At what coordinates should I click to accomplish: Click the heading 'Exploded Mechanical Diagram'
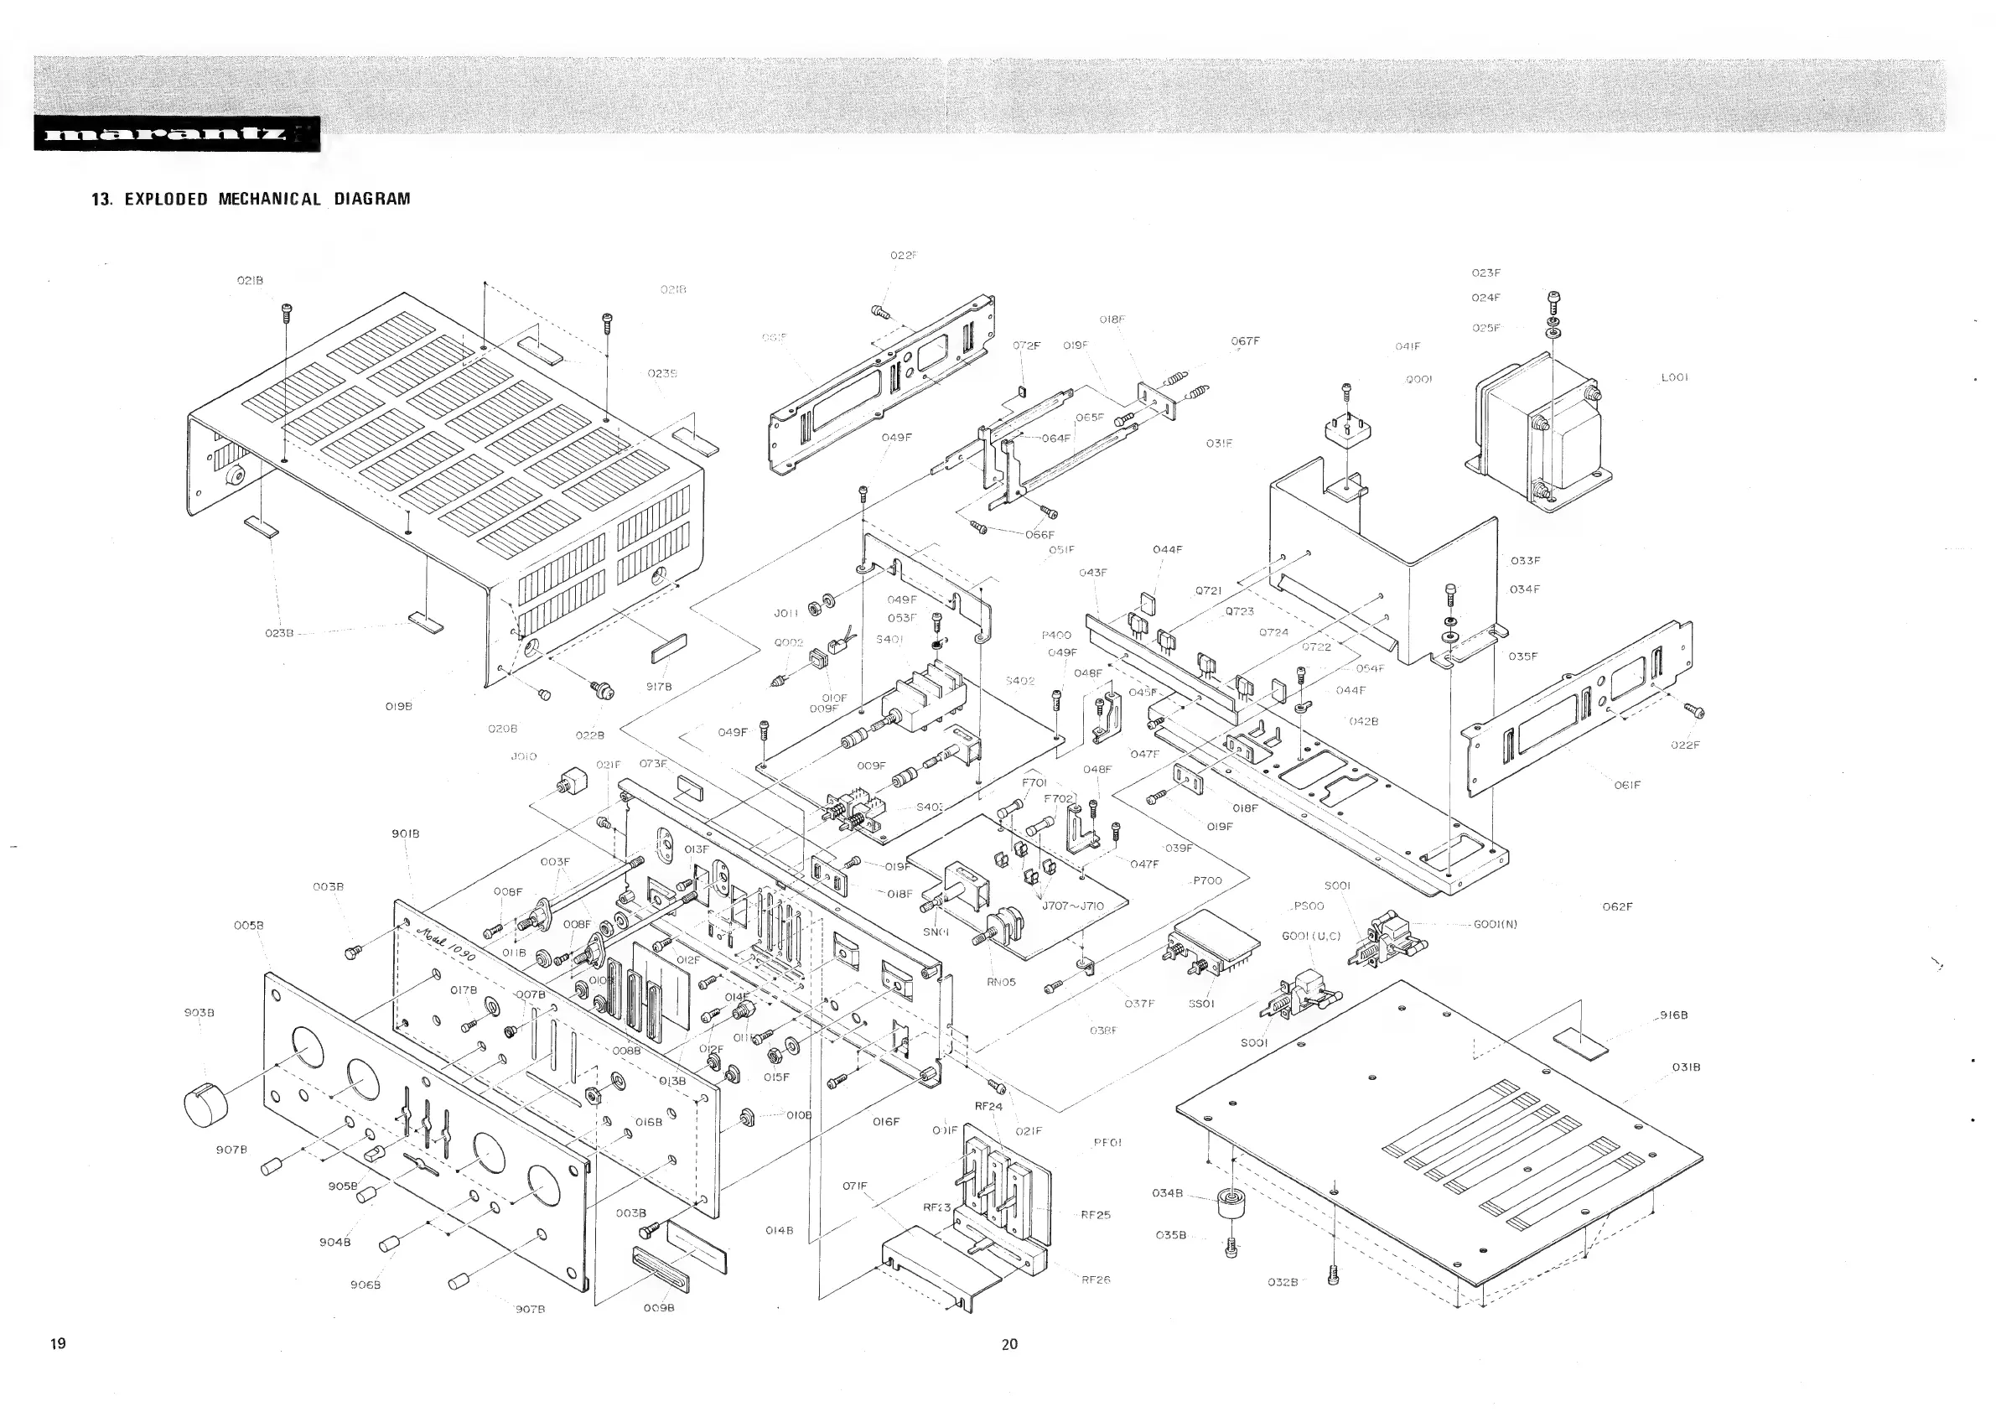[251, 199]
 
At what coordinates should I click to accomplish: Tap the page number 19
[57, 1343]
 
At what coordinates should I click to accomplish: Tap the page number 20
[1008, 1343]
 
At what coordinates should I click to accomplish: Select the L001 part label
[1673, 378]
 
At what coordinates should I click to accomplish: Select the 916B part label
[1673, 1015]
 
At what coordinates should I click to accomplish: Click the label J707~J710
[1073, 906]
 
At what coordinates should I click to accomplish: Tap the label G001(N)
[1496, 924]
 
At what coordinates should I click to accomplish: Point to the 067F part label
[1245, 340]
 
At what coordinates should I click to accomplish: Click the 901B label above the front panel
[405, 833]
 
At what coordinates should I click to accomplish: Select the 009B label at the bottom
[659, 1308]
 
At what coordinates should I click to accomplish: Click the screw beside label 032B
[1335, 1275]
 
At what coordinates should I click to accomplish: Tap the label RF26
[1096, 1280]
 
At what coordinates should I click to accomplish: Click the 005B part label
[249, 925]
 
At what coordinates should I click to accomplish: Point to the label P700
[1206, 880]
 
